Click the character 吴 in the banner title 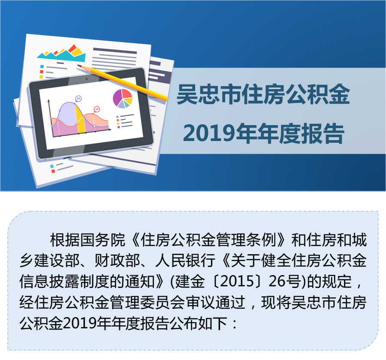click(x=187, y=94)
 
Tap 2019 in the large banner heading click(x=209, y=133)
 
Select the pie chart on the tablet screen click(x=122, y=99)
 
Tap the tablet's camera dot click(x=87, y=79)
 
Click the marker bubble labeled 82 click(x=78, y=99)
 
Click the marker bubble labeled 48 click(x=97, y=109)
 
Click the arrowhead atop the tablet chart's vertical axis click(x=49, y=101)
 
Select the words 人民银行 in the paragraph click(x=185, y=261)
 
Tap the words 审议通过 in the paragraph click(x=216, y=303)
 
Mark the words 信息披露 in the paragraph click(x=49, y=281)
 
